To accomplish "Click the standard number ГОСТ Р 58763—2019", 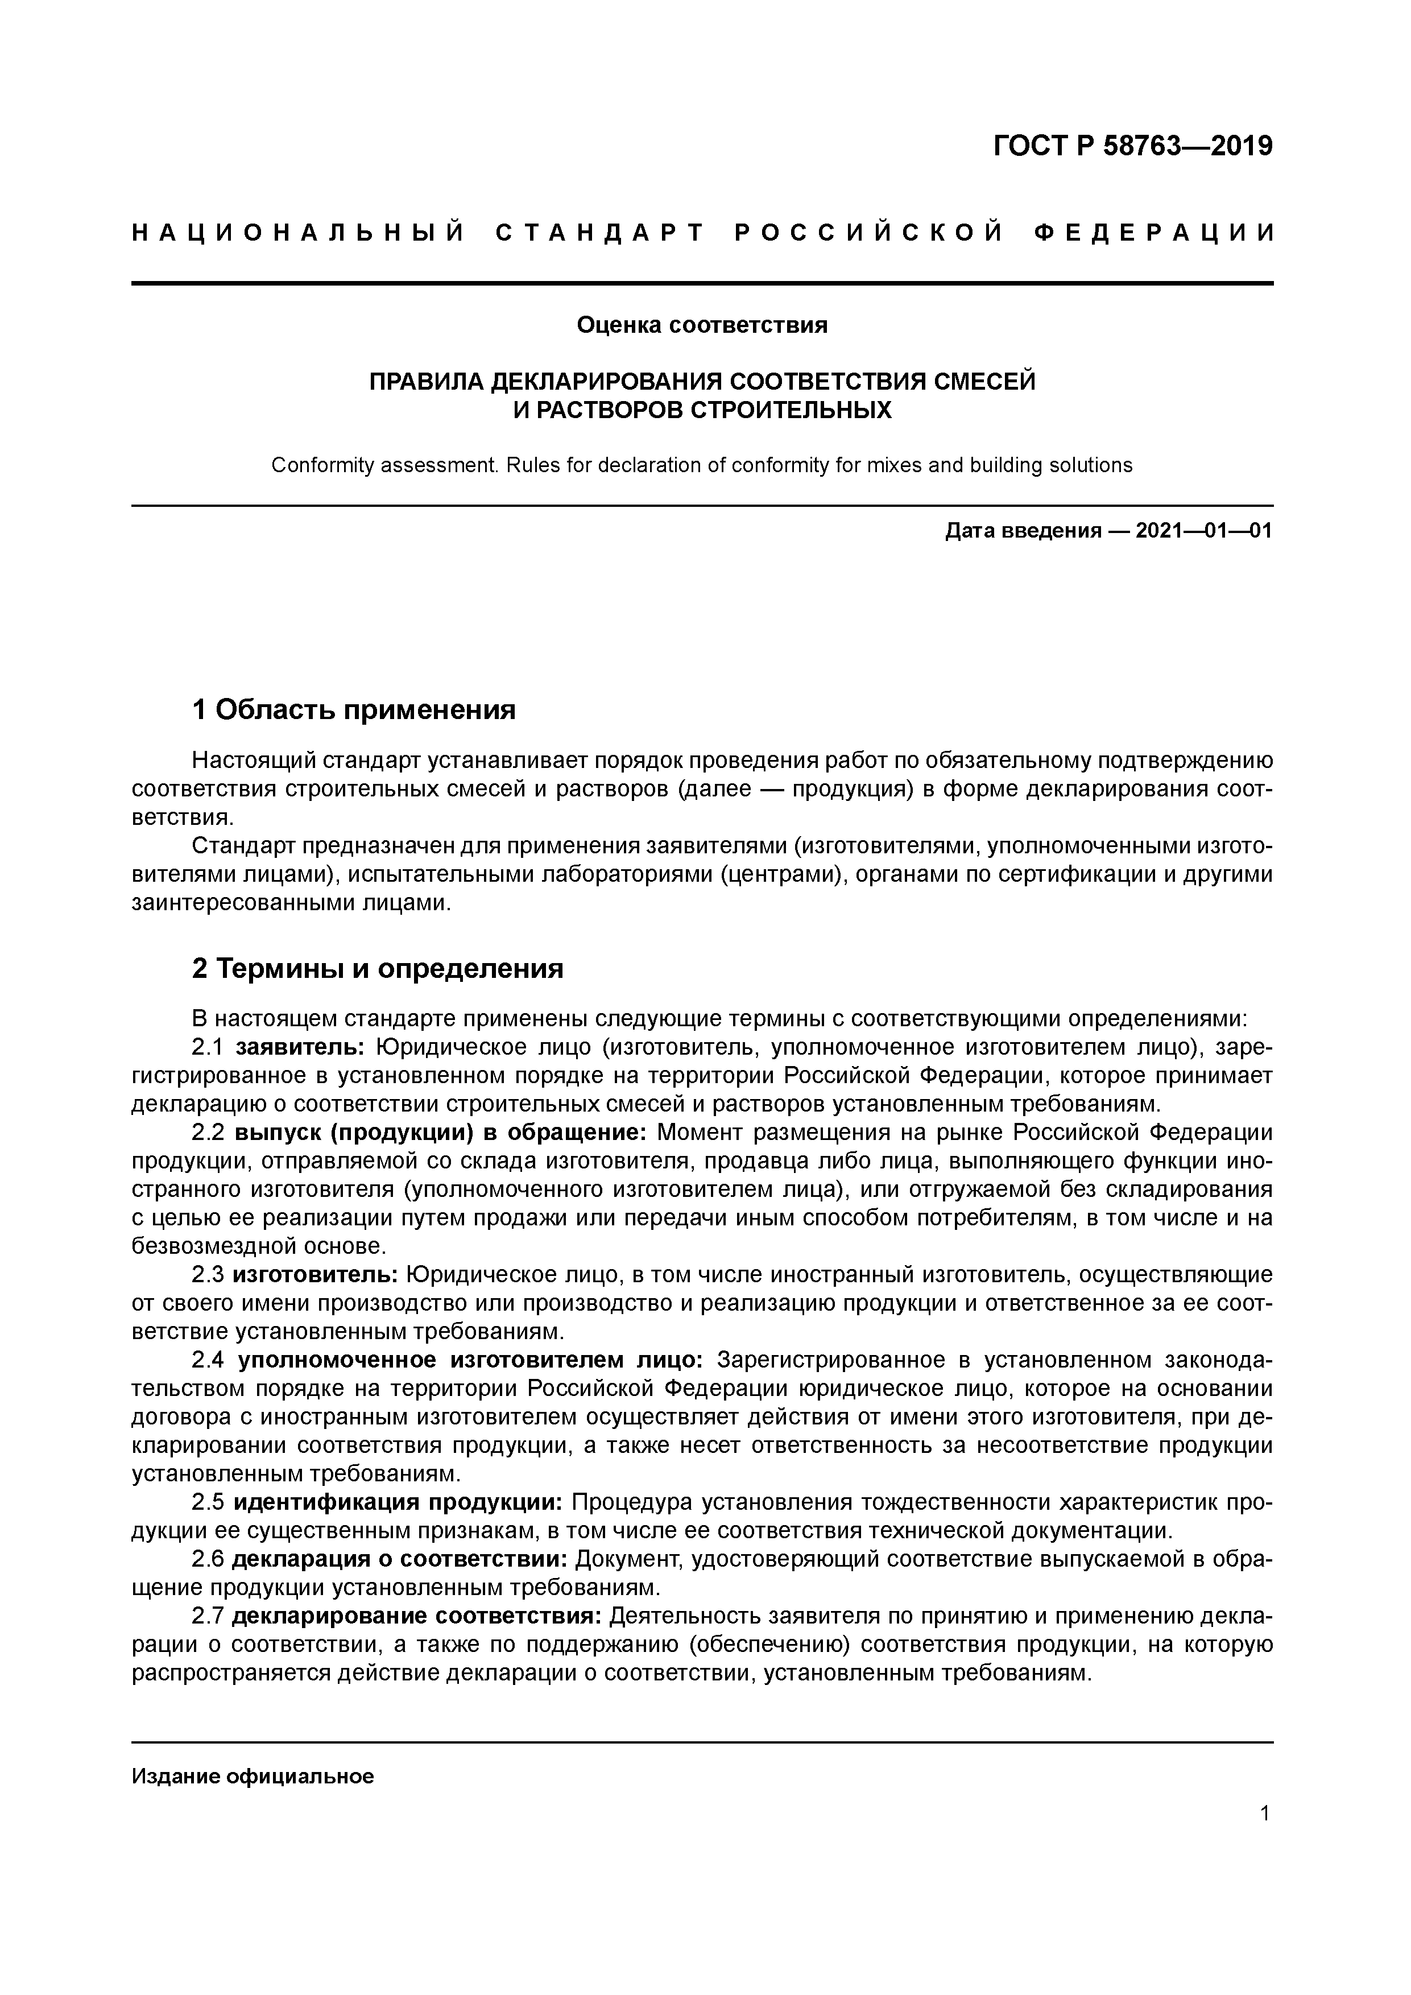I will tap(1132, 146).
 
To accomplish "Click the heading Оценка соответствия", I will tap(702, 325).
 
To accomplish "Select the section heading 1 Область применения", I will tap(354, 710).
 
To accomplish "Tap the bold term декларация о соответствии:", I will tap(400, 1560).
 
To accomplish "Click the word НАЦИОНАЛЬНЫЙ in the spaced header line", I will tap(298, 233).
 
